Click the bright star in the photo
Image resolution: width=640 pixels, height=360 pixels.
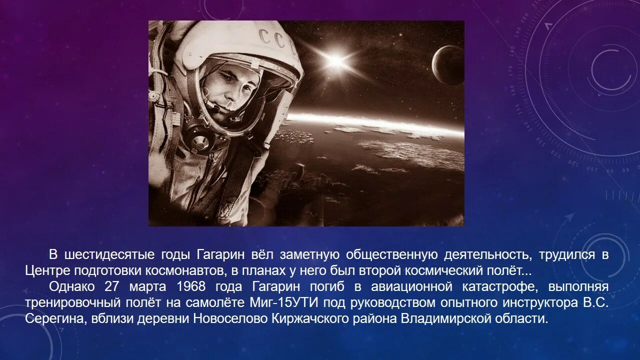(x=335, y=62)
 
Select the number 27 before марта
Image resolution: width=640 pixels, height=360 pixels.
(x=113, y=286)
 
